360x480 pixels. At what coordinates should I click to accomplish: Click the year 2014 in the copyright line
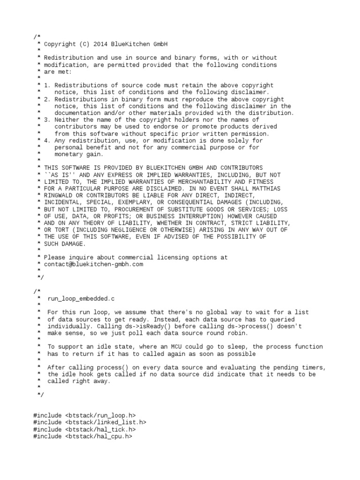(101, 44)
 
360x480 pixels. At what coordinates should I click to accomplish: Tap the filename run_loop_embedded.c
(80, 298)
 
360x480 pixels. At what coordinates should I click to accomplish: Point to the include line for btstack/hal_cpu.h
(82, 436)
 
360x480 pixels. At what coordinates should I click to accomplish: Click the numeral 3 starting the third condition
(46, 120)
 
